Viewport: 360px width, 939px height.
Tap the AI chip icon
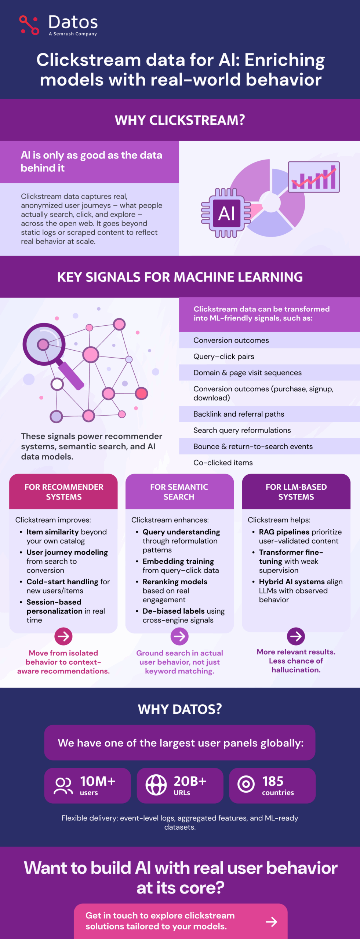click(226, 213)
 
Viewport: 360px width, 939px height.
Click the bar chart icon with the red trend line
click(314, 177)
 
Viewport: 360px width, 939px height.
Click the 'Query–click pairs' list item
click(224, 357)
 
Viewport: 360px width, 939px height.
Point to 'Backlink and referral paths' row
click(239, 414)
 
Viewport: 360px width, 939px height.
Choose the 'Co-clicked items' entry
click(223, 463)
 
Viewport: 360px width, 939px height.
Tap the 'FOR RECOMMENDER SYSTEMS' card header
click(63, 492)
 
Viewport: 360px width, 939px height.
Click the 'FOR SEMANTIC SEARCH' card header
click(179, 492)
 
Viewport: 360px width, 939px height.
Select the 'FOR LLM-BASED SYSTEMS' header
click(296, 492)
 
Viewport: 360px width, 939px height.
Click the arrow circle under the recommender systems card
click(63, 636)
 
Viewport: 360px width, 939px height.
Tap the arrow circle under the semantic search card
click(179, 636)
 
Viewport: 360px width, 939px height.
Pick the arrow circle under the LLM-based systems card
click(296, 636)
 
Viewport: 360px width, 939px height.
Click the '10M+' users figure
click(98, 781)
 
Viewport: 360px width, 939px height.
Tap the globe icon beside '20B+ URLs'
click(156, 785)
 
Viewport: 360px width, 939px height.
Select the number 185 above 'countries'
click(273, 781)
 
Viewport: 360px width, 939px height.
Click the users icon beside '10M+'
click(63, 786)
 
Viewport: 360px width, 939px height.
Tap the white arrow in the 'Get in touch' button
click(272, 921)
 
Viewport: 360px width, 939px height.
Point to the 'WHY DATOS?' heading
click(180, 709)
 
